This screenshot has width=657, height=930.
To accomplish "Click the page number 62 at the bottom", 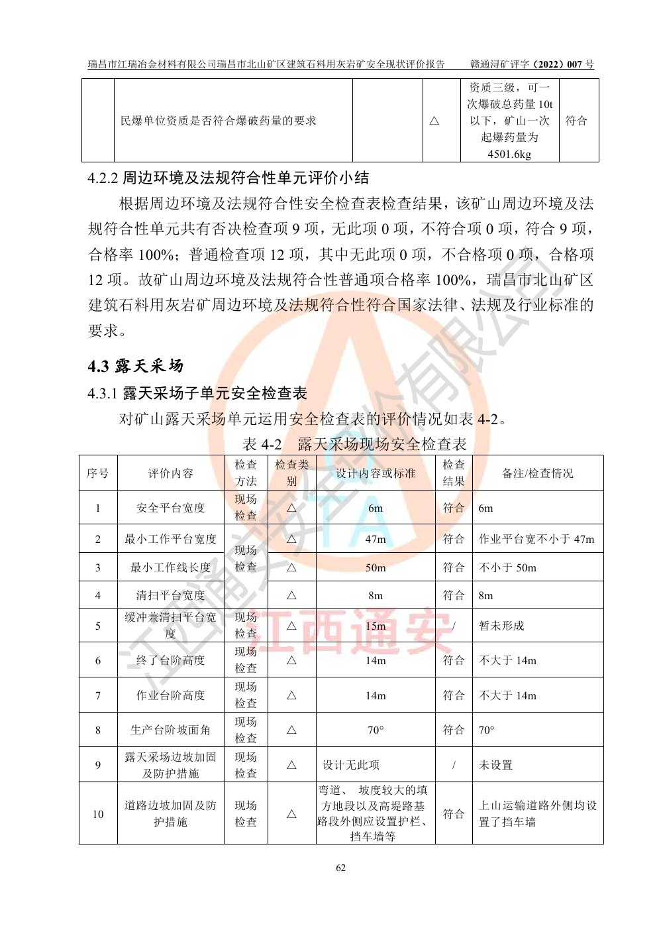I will pyautogui.click(x=340, y=868).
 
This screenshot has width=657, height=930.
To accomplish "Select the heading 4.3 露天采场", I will pyautogui.click(x=135, y=366).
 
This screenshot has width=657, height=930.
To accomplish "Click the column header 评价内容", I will pyautogui.click(x=170, y=473).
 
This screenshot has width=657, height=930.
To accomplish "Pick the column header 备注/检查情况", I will pyautogui.click(x=537, y=473).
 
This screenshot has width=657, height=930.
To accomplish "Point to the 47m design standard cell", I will pyautogui.click(x=376, y=539).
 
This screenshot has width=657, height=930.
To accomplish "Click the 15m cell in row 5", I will pyautogui.click(x=376, y=626).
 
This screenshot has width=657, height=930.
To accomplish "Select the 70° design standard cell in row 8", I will pyautogui.click(x=376, y=730).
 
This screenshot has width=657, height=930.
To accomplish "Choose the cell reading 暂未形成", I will pyautogui.click(x=501, y=626).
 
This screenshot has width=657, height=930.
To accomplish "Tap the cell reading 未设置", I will pyautogui.click(x=495, y=765).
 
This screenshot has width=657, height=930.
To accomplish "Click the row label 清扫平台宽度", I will pyautogui.click(x=170, y=595).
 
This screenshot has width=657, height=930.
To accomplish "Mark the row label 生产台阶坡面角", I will pyautogui.click(x=170, y=730).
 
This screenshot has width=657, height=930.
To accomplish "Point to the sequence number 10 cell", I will pyautogui.click(x=98, y=814).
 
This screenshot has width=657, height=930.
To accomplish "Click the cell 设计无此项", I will pyautogui.click(x=351, y=765).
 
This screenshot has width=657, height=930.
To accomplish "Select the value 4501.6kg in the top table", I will pyautogui.click(x=509, y=154).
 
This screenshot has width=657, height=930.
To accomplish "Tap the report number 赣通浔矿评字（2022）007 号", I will pyautogui.click(x=532, y=64).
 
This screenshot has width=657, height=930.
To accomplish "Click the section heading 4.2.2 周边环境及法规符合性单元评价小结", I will pyautogui.click(x=228, y=178).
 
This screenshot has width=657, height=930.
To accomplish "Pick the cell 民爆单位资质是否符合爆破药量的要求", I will pyautogui.click(x=219, y=121).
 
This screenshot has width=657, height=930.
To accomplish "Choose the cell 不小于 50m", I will pyautogui.click(x=507, y=567).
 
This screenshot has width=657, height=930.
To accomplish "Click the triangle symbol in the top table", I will pyautogui.click(x=434, y=121).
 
